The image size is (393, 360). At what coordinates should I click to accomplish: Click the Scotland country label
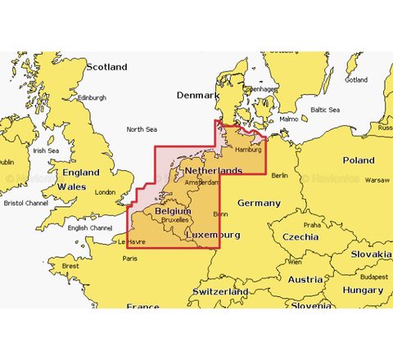[107, 67]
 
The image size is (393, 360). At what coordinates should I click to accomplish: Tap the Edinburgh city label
[92, 97]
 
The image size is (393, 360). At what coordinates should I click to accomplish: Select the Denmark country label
[198, 96]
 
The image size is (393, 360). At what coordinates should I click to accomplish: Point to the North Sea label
[141, 129]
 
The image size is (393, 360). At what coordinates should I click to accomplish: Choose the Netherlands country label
[212, 170]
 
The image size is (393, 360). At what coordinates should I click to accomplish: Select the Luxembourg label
[212, 235]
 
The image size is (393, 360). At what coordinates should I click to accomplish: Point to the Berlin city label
[280, 175]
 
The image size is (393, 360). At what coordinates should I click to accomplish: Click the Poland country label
[358, 160]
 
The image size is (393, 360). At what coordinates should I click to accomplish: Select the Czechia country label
[300, 236]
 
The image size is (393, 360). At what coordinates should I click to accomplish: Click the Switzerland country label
[219, 291]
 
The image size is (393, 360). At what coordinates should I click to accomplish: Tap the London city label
[106, 193]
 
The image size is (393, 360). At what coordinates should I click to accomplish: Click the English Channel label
[90, 228]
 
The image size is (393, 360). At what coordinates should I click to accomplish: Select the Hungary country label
[363, 290]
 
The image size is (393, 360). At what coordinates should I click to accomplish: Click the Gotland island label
[356, 80]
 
